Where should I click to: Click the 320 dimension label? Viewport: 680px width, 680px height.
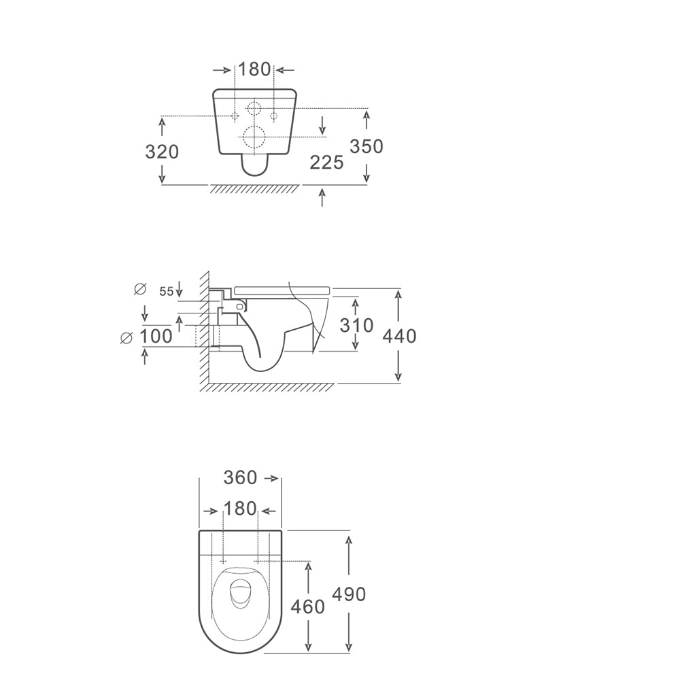tap(162, 152)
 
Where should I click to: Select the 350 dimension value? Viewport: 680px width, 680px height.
tap(367, 147)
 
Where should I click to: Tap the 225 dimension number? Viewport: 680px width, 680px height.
tap(326, 163)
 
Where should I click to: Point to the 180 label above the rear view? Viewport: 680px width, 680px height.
tap(254, 69)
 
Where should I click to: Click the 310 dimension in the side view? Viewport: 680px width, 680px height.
tap(356, 325)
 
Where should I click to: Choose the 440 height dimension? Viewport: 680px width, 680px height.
tap(399, 336)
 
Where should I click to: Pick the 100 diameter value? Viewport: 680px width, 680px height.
tap(156, 336)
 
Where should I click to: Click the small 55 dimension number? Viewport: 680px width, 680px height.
tap(166, 292)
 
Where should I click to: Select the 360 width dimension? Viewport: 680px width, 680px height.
tap(240, 478)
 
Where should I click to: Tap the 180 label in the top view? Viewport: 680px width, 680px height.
tap(240, 509)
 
